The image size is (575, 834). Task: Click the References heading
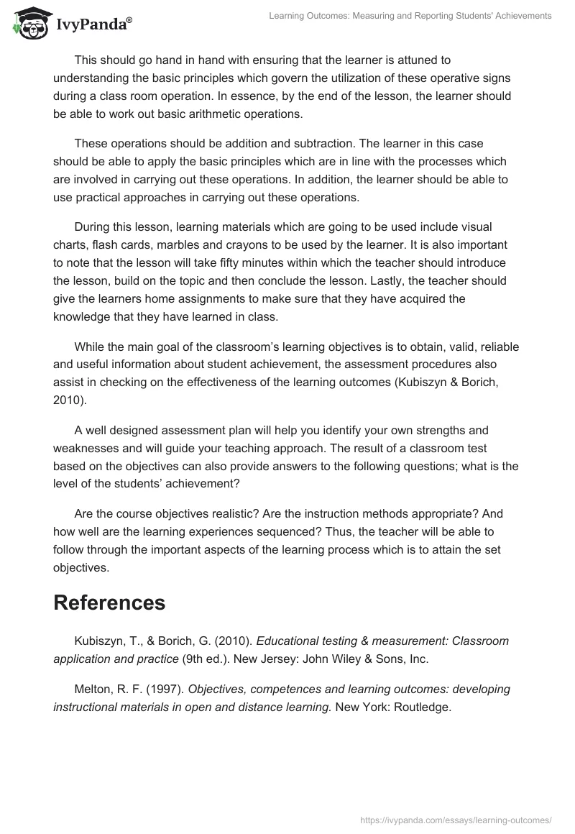[109, 602]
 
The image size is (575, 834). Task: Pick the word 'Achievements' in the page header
[519, 15]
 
